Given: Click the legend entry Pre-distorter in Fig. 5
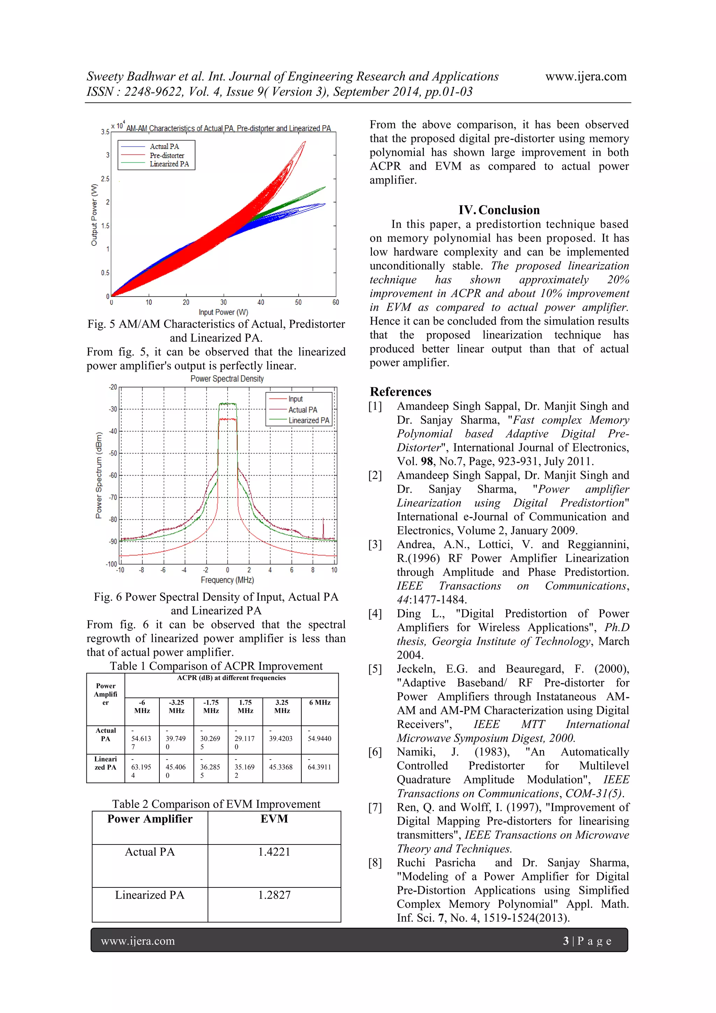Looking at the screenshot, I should pos(167,155).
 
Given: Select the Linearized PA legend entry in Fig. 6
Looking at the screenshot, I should pos(308,420).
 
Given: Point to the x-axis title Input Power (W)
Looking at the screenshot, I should pos(223,312).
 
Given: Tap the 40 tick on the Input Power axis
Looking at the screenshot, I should pos(261,302).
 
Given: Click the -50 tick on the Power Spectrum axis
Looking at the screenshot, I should pos(113,453).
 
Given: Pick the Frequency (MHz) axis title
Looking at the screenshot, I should pos(227,580).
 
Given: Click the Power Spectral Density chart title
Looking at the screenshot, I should pos(227,379).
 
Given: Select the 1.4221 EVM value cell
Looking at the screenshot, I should pos(274,852).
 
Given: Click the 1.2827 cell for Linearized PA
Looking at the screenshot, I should pos(274,895).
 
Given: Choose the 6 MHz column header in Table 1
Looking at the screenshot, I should pos(320,702).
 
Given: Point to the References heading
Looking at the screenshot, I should pos(400,392).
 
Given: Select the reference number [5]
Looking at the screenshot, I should pos(375,669).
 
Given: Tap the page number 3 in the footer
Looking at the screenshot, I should pos(566,941).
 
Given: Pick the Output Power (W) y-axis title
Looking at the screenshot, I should pos(94,215).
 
